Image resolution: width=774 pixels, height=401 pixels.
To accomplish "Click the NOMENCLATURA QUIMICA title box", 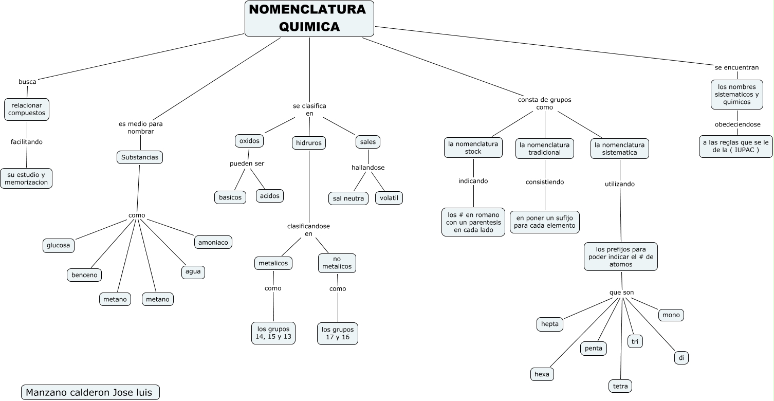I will coord(309,19).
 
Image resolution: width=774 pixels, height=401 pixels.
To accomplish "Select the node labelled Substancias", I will coord(140,157).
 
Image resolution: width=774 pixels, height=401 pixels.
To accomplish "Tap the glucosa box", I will coord(58,246).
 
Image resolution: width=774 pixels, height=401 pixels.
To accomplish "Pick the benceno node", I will coord(84,275).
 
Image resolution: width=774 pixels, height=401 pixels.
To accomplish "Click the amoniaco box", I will coord(213,242).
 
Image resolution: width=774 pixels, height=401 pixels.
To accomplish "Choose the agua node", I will coord(193,272).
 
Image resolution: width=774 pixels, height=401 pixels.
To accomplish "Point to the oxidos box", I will coord(249,141).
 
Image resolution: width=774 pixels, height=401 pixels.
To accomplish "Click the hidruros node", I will coord(309,143).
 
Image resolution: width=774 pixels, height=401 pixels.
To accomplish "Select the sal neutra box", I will coord(348,198).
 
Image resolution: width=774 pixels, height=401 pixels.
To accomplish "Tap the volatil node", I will coord(389,198).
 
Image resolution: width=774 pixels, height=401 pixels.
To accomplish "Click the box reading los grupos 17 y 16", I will coord(337,334).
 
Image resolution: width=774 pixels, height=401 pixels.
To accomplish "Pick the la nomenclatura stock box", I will coord(473,148).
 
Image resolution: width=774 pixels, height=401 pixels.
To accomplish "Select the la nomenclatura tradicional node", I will coord(545,148).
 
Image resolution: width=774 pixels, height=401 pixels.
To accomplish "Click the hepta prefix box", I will coord(549,324).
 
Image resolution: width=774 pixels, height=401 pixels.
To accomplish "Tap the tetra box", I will coord(620,386).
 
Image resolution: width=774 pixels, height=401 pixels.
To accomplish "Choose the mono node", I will coord(671,315).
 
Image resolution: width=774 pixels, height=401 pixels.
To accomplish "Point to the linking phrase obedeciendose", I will coord(738,124).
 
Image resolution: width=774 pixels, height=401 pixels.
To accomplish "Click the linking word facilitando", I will coord(27,142).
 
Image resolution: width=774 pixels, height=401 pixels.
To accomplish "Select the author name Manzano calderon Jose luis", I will coord(90,392).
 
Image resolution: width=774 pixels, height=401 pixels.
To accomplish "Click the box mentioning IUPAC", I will coord(735,147).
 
